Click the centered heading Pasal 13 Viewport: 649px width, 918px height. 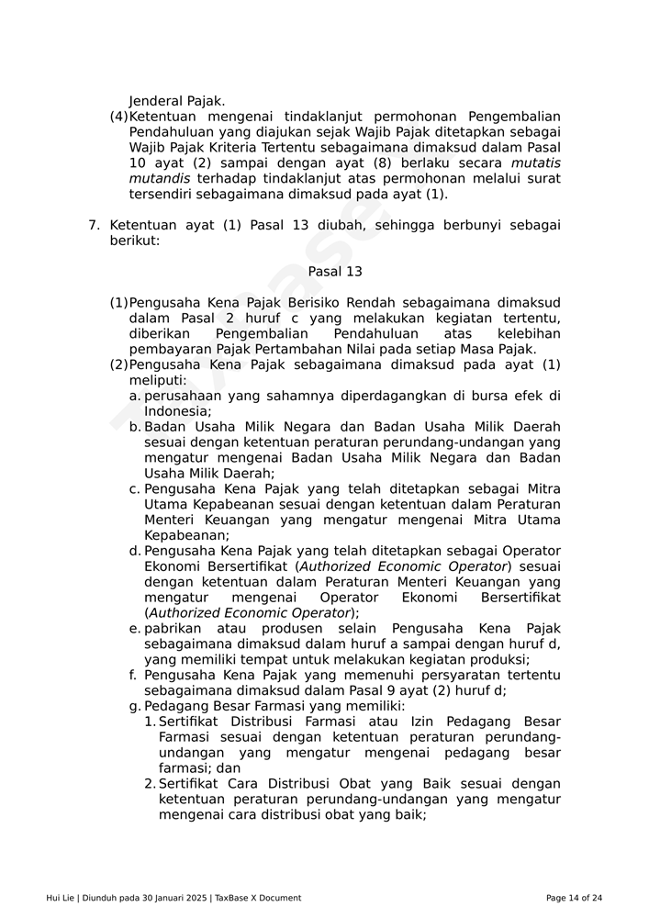(x=335, y=272)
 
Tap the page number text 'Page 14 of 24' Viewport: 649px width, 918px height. (x=574, y=898)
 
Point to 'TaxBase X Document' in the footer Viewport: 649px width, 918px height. (x=258, y=898)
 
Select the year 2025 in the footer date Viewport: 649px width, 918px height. (x=193, y=898)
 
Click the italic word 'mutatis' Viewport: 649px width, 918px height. (x=535, y=162)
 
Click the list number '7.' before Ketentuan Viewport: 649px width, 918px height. (x=93, y=225)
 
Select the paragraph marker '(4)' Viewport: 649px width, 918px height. (x=118, y=117)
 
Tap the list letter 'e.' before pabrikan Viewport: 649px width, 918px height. (x=135, y=629)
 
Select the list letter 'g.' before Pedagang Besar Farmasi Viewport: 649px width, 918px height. (x=135, y=706)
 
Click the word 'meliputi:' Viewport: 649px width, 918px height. (x=158, y=380)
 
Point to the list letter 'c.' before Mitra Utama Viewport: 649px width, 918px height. (x=135, y=489)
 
